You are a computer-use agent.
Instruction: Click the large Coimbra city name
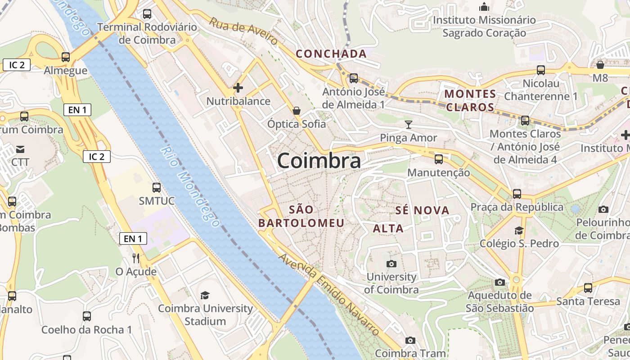[x=319, y=161]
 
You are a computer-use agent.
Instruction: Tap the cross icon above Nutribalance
[x=238, y=88]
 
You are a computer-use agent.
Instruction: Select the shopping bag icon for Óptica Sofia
[x=297, y=110]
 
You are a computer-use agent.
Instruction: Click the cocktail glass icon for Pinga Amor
[x=409, y=124]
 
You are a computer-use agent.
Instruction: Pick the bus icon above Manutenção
[x=438, y=159]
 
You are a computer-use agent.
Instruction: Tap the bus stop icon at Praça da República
[x=517, y=194]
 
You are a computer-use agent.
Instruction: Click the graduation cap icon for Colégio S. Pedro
[x=519, y=230]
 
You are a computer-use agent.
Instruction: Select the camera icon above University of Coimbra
[x=391, y=264]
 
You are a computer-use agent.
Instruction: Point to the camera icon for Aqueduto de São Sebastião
[x=499, y=282]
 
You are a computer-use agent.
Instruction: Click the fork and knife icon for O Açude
[x=136, y=258]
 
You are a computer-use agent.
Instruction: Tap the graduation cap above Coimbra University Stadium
[x=205, y=295]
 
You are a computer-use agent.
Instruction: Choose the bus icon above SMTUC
[x=157, y=188]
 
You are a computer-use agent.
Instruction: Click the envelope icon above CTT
[x=20, y=149]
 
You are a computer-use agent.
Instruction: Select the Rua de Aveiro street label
[x=243, y=31]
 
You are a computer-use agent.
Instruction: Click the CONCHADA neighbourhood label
[x=331, y=54]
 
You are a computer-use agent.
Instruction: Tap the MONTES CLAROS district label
[x=470, y=100]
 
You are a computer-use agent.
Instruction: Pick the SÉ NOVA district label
[x=422, y=210]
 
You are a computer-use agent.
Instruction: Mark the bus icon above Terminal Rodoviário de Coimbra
[x=147, y=14]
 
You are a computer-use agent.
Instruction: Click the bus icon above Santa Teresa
[x=588, y=288]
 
